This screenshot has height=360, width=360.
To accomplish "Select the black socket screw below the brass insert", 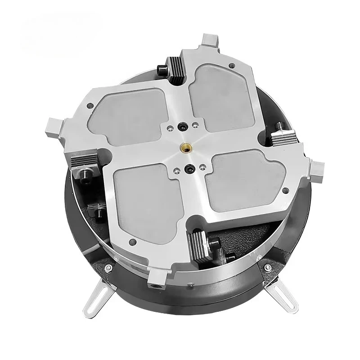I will [189, 169].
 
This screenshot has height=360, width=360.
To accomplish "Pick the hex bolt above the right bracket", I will [267, 269].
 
